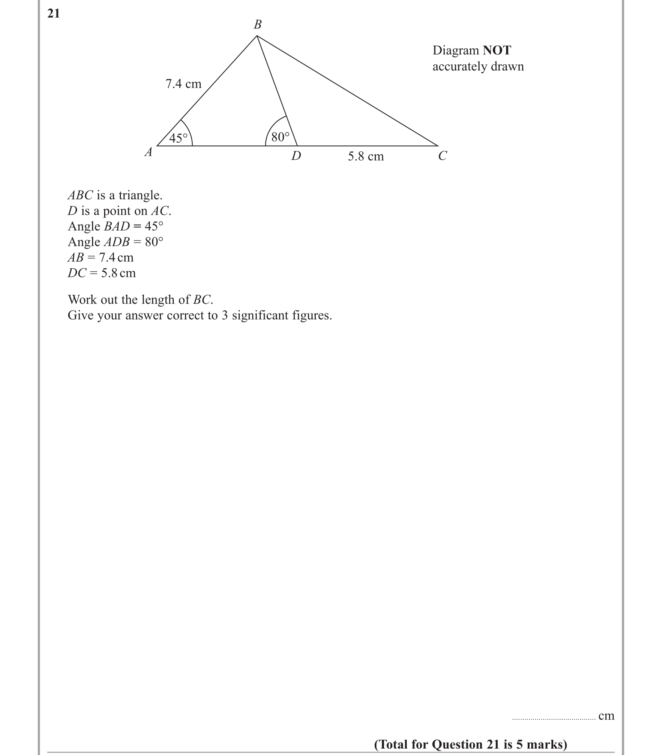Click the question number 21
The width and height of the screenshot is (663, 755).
(54, 14)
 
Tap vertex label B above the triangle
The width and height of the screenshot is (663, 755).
(258, 25)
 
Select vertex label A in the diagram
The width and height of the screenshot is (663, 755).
(149, 152)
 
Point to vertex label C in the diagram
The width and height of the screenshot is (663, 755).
(442, 156)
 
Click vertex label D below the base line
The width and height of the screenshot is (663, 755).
(296, 156)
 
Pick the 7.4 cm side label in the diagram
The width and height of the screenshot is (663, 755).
(183, 84)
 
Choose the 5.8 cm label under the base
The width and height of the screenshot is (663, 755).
(366, 156)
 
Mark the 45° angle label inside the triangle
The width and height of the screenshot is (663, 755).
(178, 139)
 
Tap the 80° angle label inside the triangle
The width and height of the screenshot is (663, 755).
(280, 137)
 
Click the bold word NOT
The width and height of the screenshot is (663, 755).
(497, 50)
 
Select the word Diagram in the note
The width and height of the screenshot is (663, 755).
(456, 50)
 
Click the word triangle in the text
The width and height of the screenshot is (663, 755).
(140, 195)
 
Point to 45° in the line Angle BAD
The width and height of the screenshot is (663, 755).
(154, 226)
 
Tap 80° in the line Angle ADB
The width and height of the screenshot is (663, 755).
(154, 242)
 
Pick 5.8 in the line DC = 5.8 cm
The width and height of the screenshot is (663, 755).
(108, 273)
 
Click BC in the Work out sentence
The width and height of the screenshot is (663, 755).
(202, 300)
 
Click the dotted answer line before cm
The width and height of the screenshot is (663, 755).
(554, 719)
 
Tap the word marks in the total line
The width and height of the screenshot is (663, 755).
(547, 744)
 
